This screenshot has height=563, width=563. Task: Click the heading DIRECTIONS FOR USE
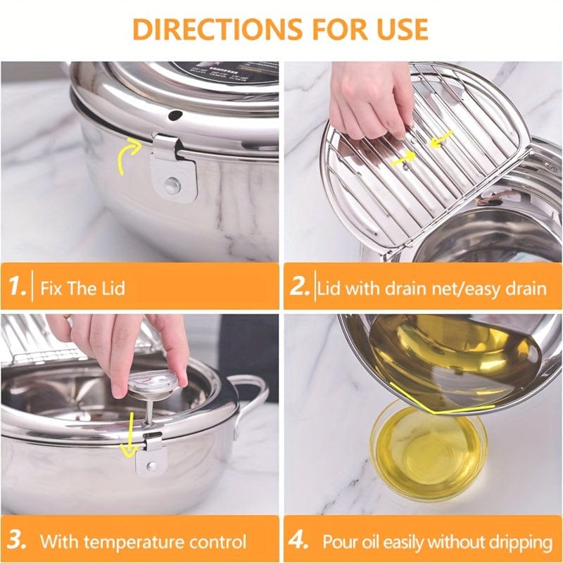click(x=280, y=29)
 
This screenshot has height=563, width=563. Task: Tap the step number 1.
click(x=19, y=288)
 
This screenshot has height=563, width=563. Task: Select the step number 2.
click(x=301, y=288)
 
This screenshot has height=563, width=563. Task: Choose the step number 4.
click(x=299, y=541)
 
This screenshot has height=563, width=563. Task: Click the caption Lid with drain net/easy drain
click(x=432, y=289)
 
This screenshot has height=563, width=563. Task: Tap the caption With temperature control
click(x=143, y=542)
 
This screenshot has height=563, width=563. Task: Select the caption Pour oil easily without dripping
click(x=437, y=542)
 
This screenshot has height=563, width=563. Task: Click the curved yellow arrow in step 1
click(x=127, y=154)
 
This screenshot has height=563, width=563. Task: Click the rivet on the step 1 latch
click(x=170, y=185)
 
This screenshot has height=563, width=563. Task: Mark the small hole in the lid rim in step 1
click(x=175, y=113)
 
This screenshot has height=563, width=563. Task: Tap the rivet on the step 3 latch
click(x=151, y=464)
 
